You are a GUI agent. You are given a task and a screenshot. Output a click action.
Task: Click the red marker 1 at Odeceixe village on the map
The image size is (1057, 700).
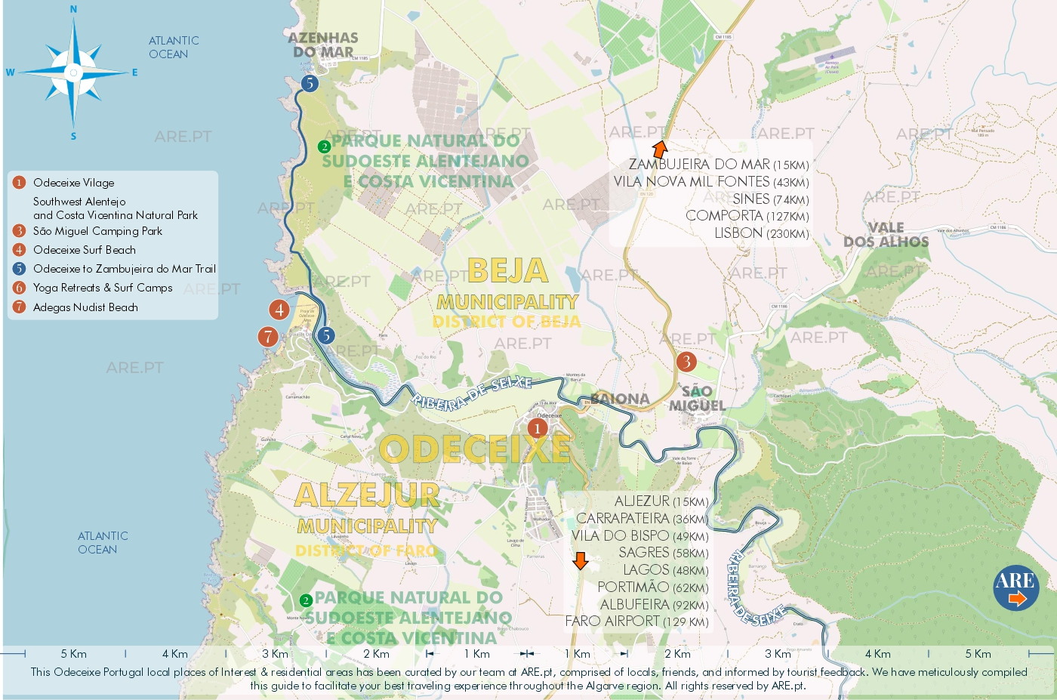coord(537,429)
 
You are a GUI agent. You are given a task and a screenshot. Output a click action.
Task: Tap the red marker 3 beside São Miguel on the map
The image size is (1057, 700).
coord(686,362)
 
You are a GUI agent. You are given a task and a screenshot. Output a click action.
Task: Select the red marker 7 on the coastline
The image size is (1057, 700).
coord(267,337)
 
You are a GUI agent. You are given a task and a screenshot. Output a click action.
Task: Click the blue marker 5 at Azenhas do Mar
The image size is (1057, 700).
coord(309,83)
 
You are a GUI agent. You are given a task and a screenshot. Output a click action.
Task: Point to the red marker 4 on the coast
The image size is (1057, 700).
coord(279,310)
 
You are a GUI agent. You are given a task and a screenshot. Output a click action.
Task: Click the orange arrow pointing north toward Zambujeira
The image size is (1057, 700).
coord(660,149)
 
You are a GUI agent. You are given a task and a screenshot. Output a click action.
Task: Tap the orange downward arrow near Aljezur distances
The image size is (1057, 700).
coord(580,560)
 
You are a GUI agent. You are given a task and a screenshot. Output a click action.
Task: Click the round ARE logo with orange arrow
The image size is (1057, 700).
coord(1015,587)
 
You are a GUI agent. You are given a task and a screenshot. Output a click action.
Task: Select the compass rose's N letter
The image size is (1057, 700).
coord(73,10)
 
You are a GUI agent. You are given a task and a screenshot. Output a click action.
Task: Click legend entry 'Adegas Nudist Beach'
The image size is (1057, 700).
coord(85,307)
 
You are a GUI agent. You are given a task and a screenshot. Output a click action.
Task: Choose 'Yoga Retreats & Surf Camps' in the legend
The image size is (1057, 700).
coord(103,288)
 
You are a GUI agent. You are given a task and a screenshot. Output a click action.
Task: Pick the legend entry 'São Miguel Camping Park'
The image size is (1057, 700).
coord(97,231)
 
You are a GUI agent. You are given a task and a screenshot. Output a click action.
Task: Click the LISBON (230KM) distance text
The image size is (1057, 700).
coord(761,233)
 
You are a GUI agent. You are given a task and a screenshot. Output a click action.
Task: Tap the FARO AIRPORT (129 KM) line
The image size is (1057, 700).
coord(636,621)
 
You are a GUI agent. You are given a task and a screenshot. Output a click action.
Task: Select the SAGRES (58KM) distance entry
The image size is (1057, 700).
coord(663,553)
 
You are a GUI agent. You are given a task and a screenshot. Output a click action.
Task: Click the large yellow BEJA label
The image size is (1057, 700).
coord(507,270)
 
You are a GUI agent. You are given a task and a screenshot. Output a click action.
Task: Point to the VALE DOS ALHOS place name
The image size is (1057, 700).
coord(886,235)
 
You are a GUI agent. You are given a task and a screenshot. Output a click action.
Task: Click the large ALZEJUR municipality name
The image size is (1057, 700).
coord(367,495)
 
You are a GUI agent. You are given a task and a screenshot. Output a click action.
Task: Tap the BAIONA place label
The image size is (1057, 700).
coord(620,399)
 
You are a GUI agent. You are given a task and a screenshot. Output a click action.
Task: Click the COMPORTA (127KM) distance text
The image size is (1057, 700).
coord(747,216)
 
